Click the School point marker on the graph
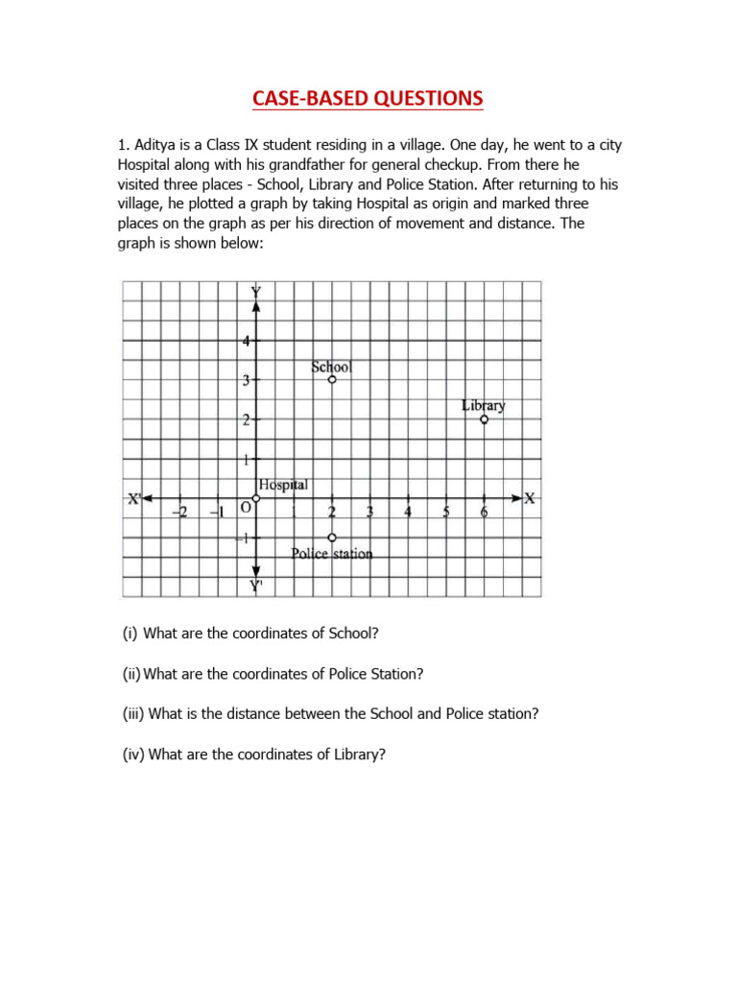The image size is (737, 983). pyautogui.click(x=332, y=380)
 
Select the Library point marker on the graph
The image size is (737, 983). pyautogui.click(x=484, y=420)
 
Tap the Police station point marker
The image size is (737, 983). pyautogui.click(x=332, y=538)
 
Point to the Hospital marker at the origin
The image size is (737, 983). pyautogui.click(x=256, y=498)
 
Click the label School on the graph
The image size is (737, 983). pyautogui.click(x=332, y=367)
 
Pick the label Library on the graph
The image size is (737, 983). pyautogui.click(x=484, y=405)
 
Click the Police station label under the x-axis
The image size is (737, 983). pyautogui.click(x=331, y=554)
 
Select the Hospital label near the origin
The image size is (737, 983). pyautogui.click(x=283, y=486)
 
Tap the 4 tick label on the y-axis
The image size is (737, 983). pyautogui.click(x=246, y=341)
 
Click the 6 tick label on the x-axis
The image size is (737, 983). pyautogui.click(x=484, y=513)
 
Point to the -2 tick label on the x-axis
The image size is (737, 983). pyautogui.click(x=179, y=513)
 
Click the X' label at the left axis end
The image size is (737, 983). pyautogui.click(x=134, y=497)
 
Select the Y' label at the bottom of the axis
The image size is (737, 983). pyautogui.click(x=256, y=586)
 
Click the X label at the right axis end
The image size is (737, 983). pyautogui.click(x=530, y=497)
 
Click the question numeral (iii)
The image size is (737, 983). pyautogui.click(x=132, y=714)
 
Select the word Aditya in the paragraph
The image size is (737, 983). pyautogui.click(x=154, y=145)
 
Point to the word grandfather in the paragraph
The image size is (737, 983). pyautogui.click(x=337, y=164)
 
